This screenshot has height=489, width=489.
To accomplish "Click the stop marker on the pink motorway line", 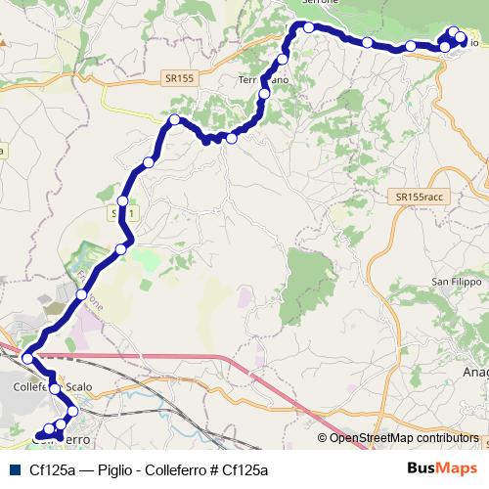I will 27,359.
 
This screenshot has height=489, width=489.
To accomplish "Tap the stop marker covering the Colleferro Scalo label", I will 54,389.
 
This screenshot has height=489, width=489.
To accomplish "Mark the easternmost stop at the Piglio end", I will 461,40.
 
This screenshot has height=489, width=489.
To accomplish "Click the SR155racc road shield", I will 421,198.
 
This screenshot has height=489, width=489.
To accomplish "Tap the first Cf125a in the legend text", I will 52,469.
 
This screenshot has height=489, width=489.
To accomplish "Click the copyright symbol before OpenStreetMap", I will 324,438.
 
